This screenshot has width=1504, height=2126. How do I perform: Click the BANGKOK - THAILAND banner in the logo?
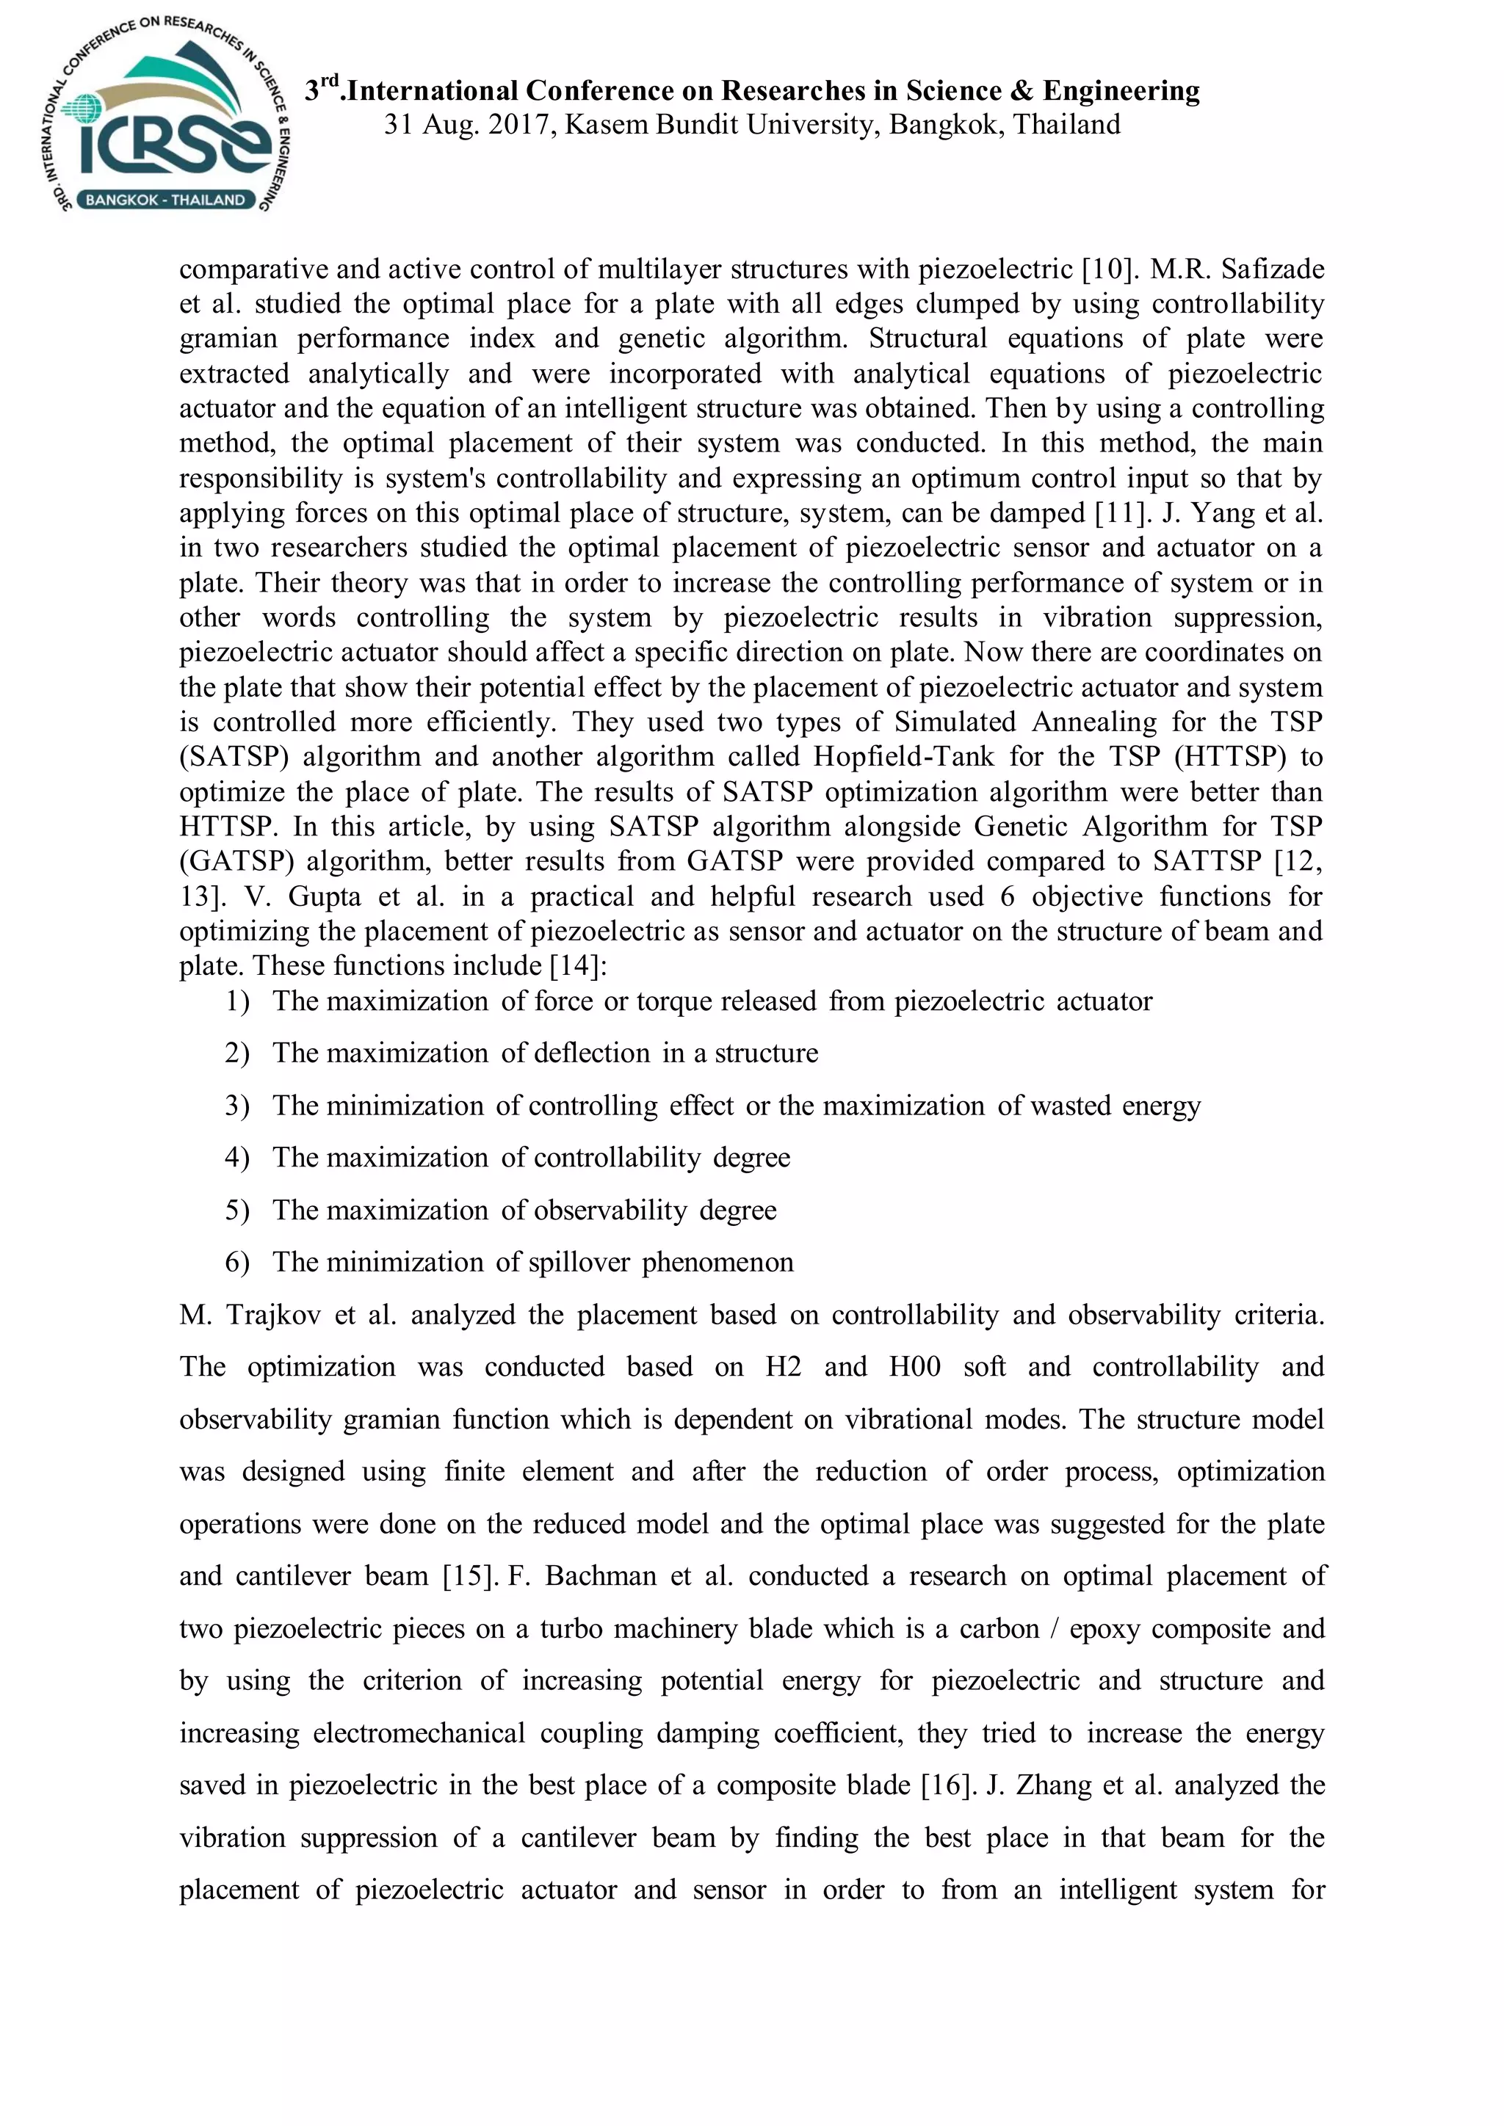click(164, 200)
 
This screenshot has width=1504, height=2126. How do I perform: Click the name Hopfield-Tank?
click(903, 758)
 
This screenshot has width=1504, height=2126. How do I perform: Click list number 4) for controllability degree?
click(237, 1158)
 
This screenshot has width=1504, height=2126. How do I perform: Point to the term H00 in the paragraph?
click(914, 1368)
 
